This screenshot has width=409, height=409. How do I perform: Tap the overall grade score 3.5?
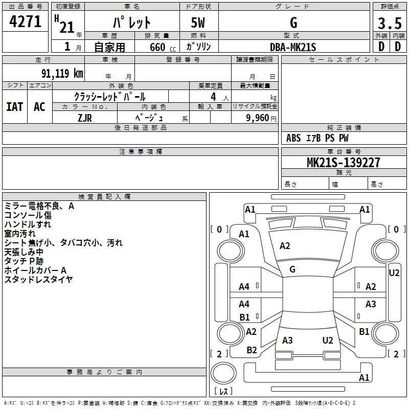tap(389, 23)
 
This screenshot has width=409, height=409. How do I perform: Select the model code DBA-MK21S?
tap(293, 47)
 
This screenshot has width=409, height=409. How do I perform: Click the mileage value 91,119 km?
tap(58, 74)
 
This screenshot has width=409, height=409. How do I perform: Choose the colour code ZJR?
tap(85, 118)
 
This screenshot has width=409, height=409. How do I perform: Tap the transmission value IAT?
tap(14, 106)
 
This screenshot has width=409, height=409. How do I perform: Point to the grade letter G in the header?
tap(293, 23)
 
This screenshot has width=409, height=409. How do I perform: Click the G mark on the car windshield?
tap(292, 269)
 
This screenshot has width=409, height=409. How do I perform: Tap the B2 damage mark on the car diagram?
tap(252, 350)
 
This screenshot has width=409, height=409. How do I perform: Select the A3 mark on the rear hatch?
tap(287, 340)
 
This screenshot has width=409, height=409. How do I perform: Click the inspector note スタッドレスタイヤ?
tap(38, 280)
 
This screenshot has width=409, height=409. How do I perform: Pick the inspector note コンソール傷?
tap(28, 215)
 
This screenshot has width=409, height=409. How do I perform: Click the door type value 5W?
tap(199, 23)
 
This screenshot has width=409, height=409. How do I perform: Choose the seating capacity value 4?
tap(212, 97)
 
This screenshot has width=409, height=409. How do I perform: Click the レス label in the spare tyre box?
tap(223, 392)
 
